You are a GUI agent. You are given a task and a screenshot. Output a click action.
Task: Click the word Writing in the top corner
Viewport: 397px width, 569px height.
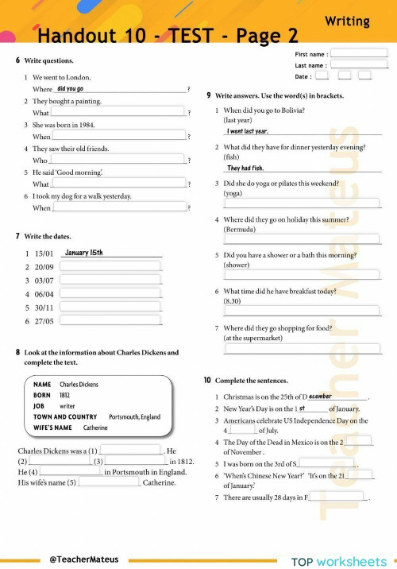coord(347,21)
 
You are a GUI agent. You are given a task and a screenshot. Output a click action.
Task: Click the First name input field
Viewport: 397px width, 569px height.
coord(359,54)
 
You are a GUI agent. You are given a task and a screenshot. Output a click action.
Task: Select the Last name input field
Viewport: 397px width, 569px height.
coord(359,65)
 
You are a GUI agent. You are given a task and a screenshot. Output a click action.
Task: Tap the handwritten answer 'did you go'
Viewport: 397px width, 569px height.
coord(71,89)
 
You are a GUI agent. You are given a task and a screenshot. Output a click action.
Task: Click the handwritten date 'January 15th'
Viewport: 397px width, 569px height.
coord(83,253)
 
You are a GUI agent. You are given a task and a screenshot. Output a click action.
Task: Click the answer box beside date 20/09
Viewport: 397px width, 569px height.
coord(110,267)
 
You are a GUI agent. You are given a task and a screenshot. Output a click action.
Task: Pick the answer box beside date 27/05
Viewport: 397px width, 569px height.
coord(110,321)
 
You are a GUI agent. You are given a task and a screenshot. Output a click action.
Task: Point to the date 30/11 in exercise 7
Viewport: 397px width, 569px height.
coord(44,308)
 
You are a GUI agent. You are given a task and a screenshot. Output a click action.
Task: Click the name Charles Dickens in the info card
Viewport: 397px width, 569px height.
coord(79,385)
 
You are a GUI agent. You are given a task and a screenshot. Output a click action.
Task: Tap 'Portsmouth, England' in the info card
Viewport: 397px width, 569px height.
coord(134,416)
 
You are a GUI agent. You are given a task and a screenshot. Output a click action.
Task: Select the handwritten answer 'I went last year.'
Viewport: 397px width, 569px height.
coord(248,131)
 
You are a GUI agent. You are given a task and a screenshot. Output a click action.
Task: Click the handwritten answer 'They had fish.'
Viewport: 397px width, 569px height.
coord(245,168)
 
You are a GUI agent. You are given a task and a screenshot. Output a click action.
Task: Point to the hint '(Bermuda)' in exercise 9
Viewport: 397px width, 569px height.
coord(240,230)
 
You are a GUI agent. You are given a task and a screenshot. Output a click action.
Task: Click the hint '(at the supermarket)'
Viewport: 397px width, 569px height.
coord(252,338)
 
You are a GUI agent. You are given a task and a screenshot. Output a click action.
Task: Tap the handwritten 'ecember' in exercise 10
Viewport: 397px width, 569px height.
coord(321,396)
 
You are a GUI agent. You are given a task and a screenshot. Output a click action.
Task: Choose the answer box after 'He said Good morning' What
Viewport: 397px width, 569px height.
coord(119,184)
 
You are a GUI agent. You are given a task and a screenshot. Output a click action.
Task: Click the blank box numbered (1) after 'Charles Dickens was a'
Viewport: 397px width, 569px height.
coord(130,451)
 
